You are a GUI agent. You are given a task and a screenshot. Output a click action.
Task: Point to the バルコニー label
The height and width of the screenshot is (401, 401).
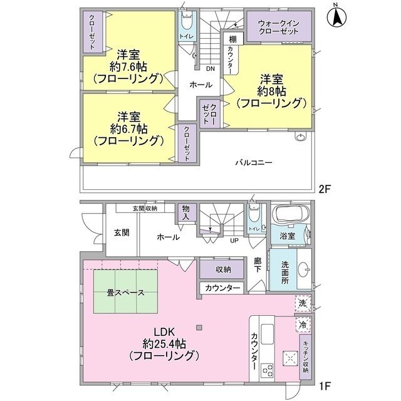click(x=253, y=162)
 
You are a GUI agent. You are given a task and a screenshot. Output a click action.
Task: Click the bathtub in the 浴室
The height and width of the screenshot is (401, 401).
click(x=289, y=217)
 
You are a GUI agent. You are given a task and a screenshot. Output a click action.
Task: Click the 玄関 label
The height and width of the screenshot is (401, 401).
click(x=122, y=232)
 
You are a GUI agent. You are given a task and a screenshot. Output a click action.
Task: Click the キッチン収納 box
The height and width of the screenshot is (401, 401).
click(x=305, y=353)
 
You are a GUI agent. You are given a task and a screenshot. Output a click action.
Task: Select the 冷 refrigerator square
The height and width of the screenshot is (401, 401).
click(x=302, y=325)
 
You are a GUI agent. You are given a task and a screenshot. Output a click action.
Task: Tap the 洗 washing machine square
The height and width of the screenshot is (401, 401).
click(x=302, y=304)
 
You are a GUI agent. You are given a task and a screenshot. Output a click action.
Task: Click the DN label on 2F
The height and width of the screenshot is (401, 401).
click(x=210, y=69)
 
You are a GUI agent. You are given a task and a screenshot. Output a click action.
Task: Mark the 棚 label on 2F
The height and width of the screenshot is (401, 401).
click(x=232, y=38)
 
